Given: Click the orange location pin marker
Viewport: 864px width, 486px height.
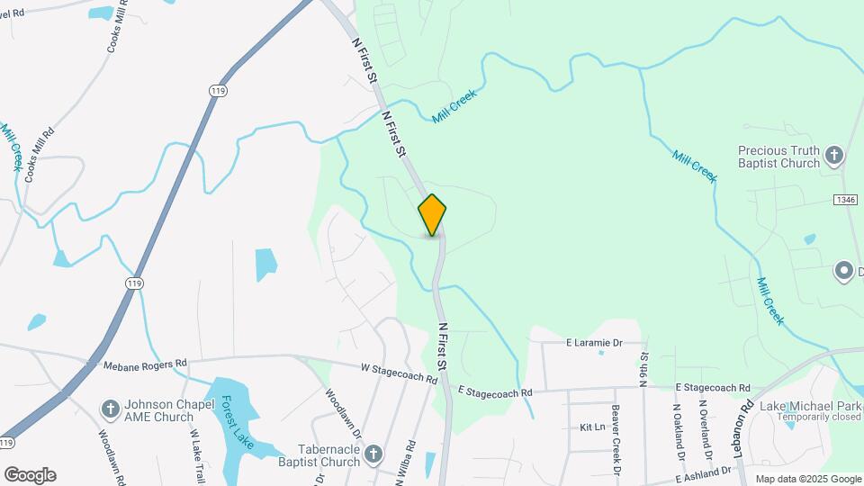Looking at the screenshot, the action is (x=432, y=214).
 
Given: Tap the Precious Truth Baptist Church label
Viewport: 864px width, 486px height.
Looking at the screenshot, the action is (x=778, y=157).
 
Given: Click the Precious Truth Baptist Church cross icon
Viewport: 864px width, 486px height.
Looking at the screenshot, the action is (x=834, y=157).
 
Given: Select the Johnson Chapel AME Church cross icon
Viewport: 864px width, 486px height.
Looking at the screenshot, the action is (x=110, y=410).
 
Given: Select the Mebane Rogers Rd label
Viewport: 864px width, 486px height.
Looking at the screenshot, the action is (x=145, y=364).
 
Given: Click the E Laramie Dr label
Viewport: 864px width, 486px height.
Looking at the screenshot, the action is (x=594, y=343).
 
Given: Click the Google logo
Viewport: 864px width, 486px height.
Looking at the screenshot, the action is (x=30, y=475).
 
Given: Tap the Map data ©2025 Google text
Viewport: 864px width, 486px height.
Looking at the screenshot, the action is (x=807, y=479).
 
